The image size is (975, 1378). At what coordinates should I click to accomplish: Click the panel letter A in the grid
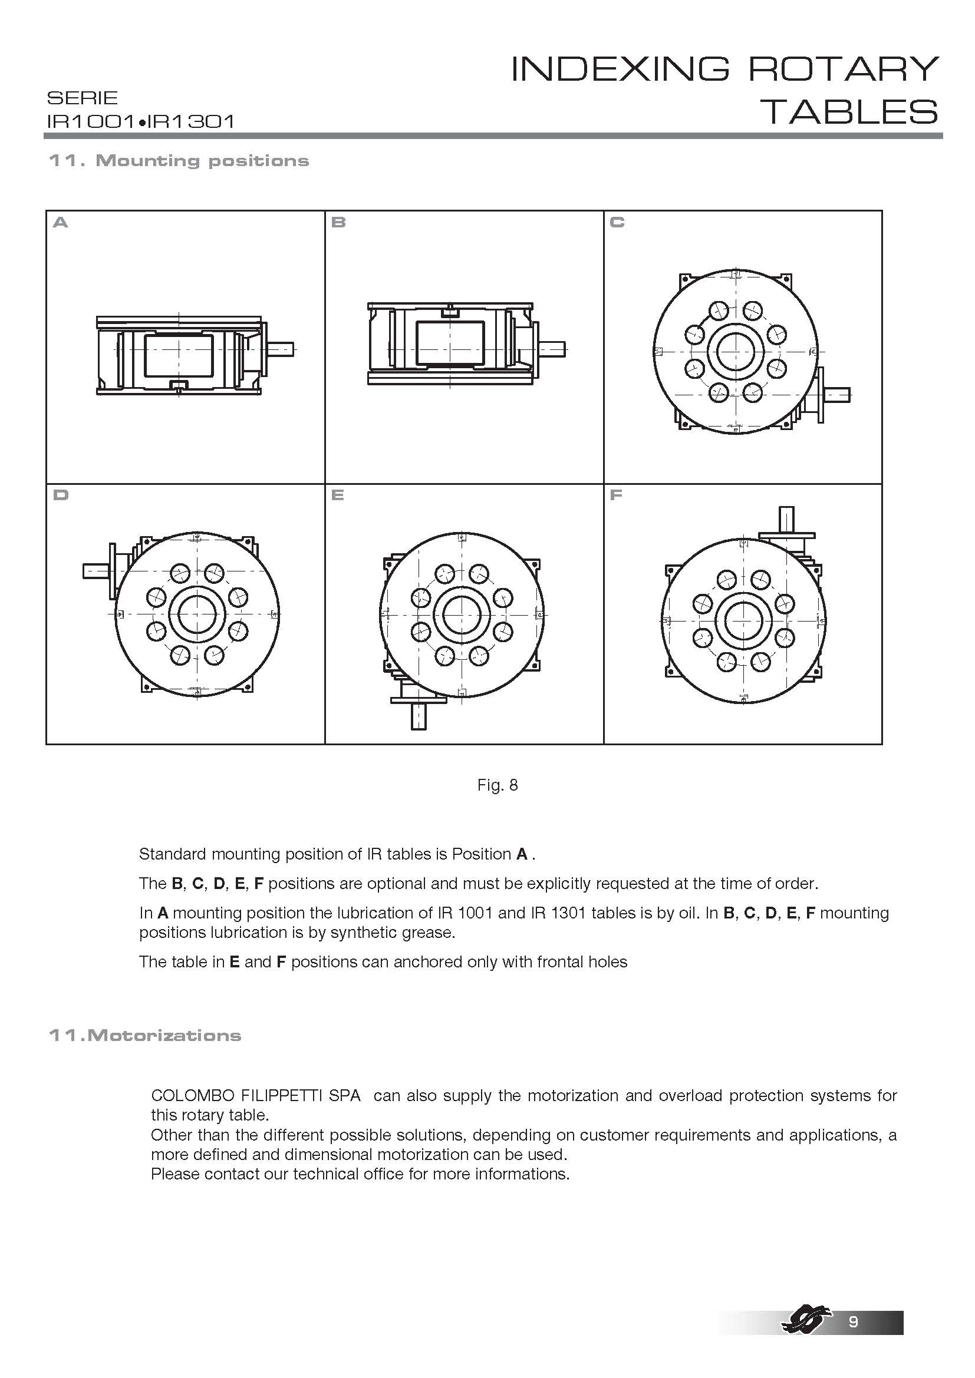(x=61, y=223)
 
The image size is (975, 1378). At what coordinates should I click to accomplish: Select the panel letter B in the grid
(x=338, y=223)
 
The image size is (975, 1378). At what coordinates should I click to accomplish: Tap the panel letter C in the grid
(x=617, y=223)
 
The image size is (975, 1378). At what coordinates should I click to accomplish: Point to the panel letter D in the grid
(x=61, y=495)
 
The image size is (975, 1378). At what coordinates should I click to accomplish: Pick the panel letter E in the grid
(x=337, y=495)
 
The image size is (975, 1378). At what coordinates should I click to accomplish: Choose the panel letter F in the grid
(x=616, y=495)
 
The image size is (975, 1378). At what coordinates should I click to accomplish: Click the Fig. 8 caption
(x=497, y=785)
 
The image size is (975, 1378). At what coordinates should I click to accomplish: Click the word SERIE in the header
(x=83, y=98)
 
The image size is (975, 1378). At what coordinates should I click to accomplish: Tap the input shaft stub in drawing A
(x=281, y=349)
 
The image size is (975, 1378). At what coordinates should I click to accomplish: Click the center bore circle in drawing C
(x=736, y=352)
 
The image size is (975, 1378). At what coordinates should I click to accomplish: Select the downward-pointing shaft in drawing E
(x=419, y=716)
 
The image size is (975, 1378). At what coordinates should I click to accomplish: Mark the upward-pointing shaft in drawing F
(x=786, y=517)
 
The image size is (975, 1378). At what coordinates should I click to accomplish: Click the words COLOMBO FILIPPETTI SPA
(x=256, y=1095)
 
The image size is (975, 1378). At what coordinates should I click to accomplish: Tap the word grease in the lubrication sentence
(x=427, y=932)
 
